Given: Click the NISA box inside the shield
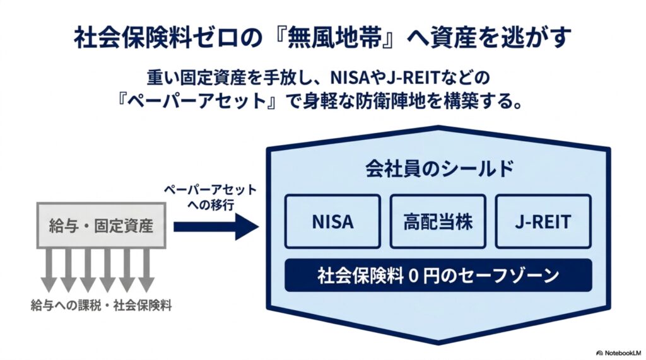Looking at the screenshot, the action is (x=332, y=221).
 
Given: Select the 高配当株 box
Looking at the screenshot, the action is (x=438, y=221).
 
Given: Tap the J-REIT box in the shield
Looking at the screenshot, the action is (x=543, y=221).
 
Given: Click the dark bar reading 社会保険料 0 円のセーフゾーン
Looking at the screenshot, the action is (x=438, y=275).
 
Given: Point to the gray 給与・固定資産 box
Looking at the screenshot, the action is (x=102, y=225).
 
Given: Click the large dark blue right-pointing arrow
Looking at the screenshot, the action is (x=216, y=226).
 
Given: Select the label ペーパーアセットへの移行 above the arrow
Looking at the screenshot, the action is (x=211, y=197).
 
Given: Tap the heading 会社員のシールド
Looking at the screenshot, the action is (x=440, y=168).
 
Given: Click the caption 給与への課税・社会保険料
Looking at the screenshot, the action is (x=102, y=306).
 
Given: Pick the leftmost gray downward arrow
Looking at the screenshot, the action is (x=50, y=270).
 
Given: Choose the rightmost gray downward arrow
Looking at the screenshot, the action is (x=146, y=270).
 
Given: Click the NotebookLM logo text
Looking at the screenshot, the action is (x=620, y=353).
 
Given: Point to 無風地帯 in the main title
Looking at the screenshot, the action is (x=336, y=37).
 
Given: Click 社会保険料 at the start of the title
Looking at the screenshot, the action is (x=132, y=37).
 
